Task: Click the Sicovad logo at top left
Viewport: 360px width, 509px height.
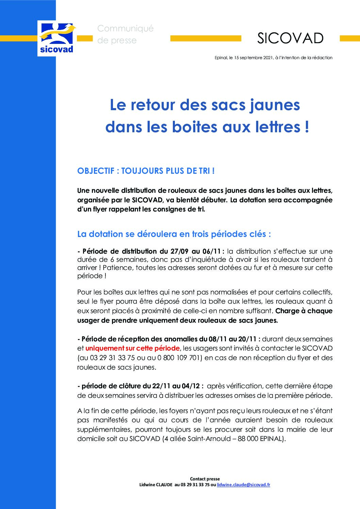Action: coord(56,38)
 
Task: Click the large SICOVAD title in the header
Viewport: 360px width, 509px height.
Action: coord(290,38)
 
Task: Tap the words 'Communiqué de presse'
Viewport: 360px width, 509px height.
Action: coord(125,34)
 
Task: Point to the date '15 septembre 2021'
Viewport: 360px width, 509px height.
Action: coord(253,58)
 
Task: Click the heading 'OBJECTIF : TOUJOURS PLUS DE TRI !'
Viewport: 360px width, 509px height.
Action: coord(146,171)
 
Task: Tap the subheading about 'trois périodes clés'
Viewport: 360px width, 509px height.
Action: coord(174,234)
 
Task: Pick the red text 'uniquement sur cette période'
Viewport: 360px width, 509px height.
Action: coord(132,348)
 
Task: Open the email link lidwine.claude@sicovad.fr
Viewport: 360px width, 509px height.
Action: coord(243,485)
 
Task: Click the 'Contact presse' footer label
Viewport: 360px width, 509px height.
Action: coord(205,479)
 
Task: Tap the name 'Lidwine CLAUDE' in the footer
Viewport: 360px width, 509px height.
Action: coord(156,485)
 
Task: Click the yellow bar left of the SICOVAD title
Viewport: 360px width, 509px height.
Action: coord(206,39)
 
